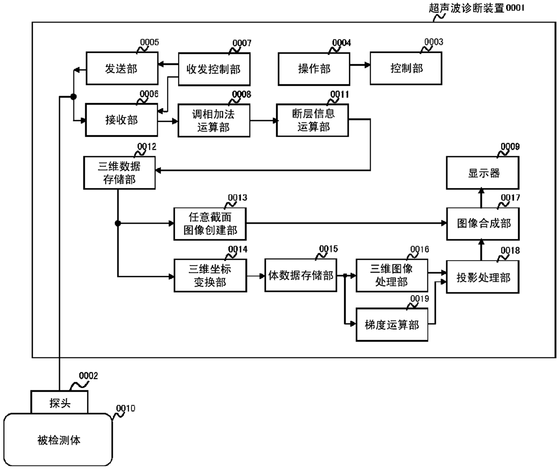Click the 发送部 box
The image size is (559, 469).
(x=122, y=68)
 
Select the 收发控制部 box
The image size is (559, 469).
(x=214, y=69)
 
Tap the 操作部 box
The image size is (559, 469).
(x=314, y=69)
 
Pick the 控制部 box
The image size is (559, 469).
(x=406, y=68)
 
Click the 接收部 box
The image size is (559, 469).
(x=121, y=120)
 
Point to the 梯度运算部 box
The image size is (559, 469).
(x=392, y=325)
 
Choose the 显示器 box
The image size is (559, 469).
(x=482, y=173)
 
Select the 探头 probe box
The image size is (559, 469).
(x=59, y=402)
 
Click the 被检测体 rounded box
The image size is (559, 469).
(x=58, y=440)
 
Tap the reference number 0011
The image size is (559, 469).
(x=339, y=95)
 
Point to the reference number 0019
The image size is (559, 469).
(x=420, y=298)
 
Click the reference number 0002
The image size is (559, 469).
(x=88, y=376)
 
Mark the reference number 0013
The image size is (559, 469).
(x=238, y=198)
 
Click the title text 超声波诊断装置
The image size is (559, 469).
(x=467, y=8)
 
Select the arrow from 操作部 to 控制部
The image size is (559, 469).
(x=360, y=65)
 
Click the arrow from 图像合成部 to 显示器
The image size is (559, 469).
(x=481, y=198)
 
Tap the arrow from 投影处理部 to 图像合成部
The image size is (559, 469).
(x=481, y=250)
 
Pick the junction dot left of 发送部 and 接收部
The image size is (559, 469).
(x=73, y=96)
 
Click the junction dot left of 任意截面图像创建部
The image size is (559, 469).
(x=118, y=223)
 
